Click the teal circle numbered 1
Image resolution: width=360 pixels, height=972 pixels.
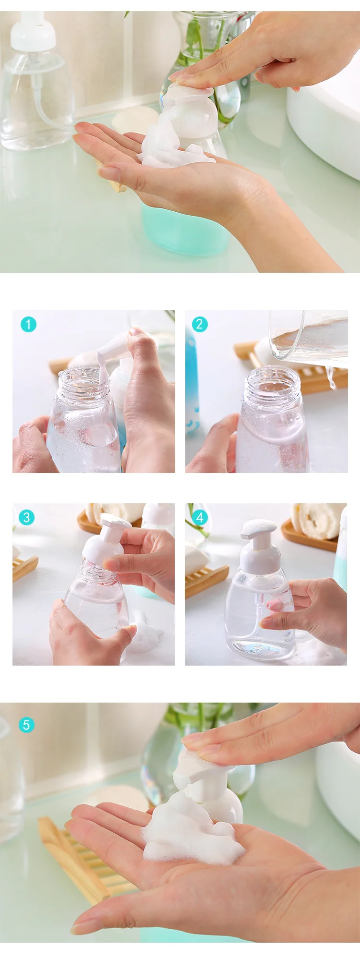(x=28, y=325)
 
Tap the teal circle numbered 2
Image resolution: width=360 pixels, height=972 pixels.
(x=200, y=325)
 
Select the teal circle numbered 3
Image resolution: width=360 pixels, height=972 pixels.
(x=26, y=518)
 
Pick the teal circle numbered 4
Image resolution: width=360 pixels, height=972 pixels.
(x=200, y=518)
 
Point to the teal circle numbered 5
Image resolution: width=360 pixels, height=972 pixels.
(x=26, y=725)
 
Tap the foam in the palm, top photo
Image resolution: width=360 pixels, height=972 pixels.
(x=173, y=146)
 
